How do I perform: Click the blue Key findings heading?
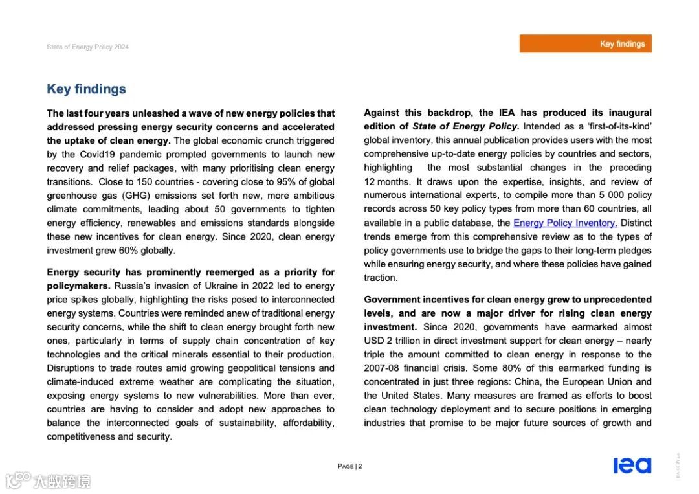pyautogui.click(x=86, y=89)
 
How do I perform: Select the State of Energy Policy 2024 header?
pyautogui.click(x=87, y=47)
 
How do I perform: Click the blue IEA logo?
pyautogui.click(x=632, y=465)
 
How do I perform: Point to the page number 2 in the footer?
pyautogui.click(x=360, y=466)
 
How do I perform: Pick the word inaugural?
pyautogui.click(x=628, y=113)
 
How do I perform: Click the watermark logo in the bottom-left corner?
pyautogui.click(x=49, y=480)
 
